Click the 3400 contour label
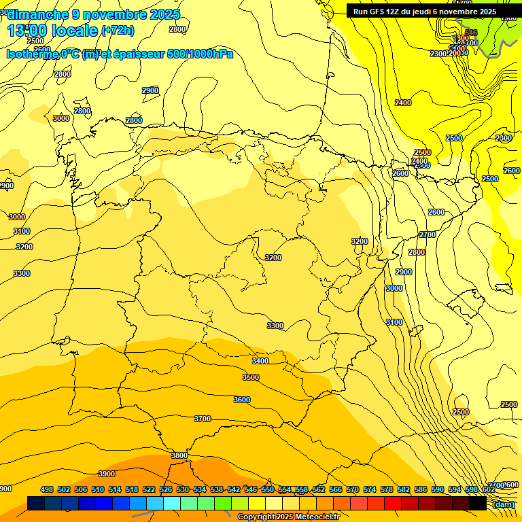(260, 361)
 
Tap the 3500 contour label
(251, 377)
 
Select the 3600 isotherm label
(242, 400)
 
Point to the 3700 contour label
(203, 419)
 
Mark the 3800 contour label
(179, 455)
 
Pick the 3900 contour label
(107, 474)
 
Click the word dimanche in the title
(38, 14)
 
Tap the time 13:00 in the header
(28, 31)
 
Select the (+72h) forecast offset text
(118, 31)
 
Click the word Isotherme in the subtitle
(32, 54)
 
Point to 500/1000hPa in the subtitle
(201, 54)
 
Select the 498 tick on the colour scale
(47, 490)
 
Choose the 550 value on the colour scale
(268, 490)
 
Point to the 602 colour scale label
(488, 490)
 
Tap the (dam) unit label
(504, 504)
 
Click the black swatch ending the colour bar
(477, 504)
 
